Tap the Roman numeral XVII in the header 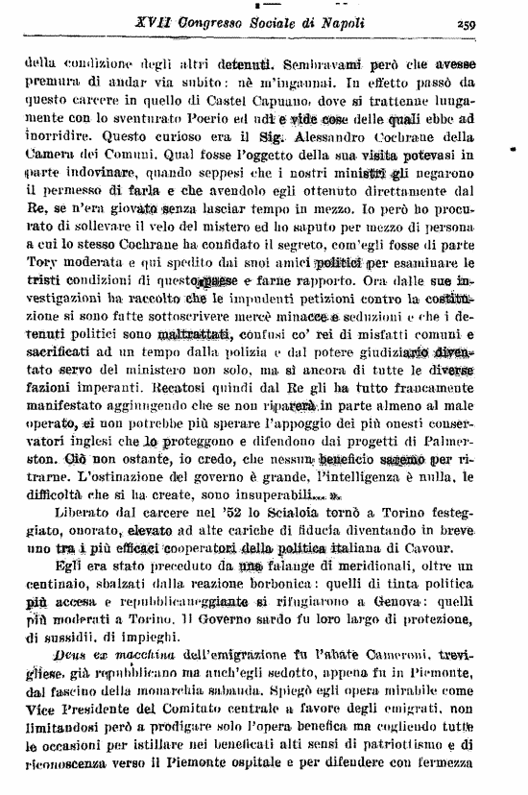129,27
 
